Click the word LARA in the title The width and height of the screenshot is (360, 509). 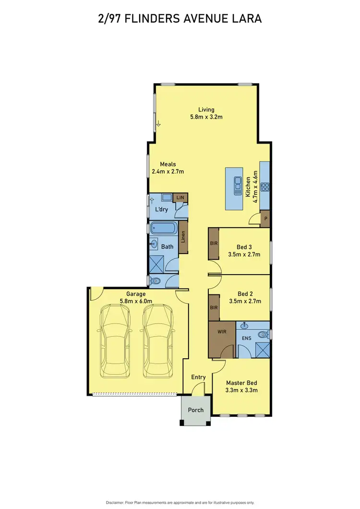pyautogui.click(x=247, y=19)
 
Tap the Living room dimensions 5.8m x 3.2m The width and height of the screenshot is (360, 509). pyautogui.click(x=206, y=117)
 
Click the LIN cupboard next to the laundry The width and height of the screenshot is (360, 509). pyautogui.click(x=180, y=198)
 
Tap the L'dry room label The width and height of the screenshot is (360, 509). pyautogui.click(x=161, y=210)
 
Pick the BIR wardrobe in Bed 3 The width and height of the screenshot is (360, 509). pyautogui.click(x=214, y=243)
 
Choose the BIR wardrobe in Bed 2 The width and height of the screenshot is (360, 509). pyautogui.click(x=214, y=307)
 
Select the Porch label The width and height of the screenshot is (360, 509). pyautogui.click(x=195, y=410)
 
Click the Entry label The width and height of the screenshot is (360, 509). pyautogui.click(x=198, y=377)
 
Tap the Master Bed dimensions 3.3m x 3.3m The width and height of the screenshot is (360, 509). pyautogui.click(x=242, y=390)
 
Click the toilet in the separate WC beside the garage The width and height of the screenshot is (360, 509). pyautogui.click(x=154, y=281)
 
